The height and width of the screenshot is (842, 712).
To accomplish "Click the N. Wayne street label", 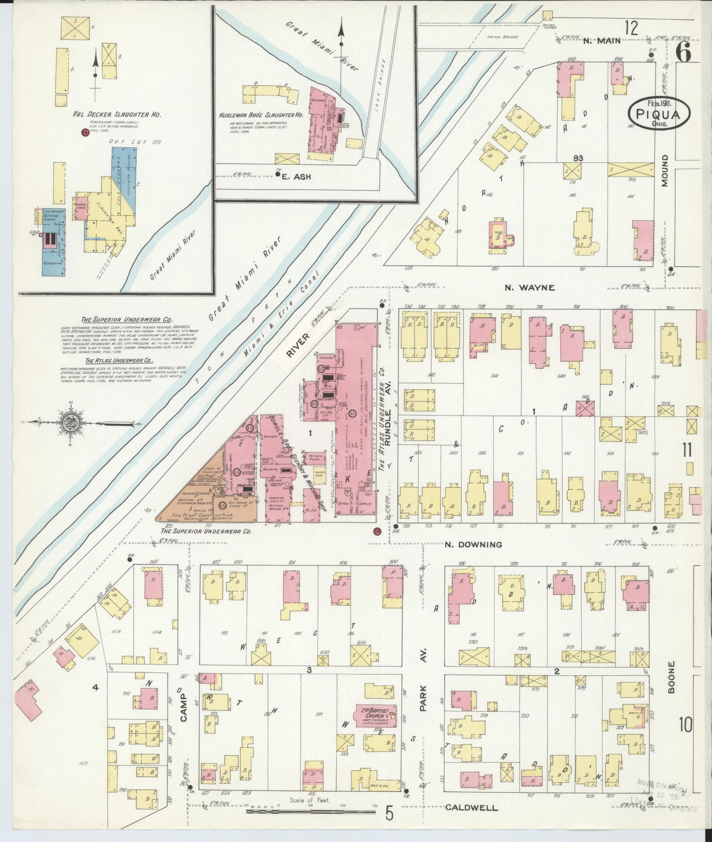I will [x=530, y=288].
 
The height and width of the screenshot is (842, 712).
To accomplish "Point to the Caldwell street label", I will [x=471, y=808].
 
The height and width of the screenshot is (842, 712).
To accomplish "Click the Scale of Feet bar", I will [x=310, y=811].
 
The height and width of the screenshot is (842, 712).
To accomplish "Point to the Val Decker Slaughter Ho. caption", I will [x=117, y=114].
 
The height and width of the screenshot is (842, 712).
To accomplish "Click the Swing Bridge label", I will [x=502, y=37].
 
